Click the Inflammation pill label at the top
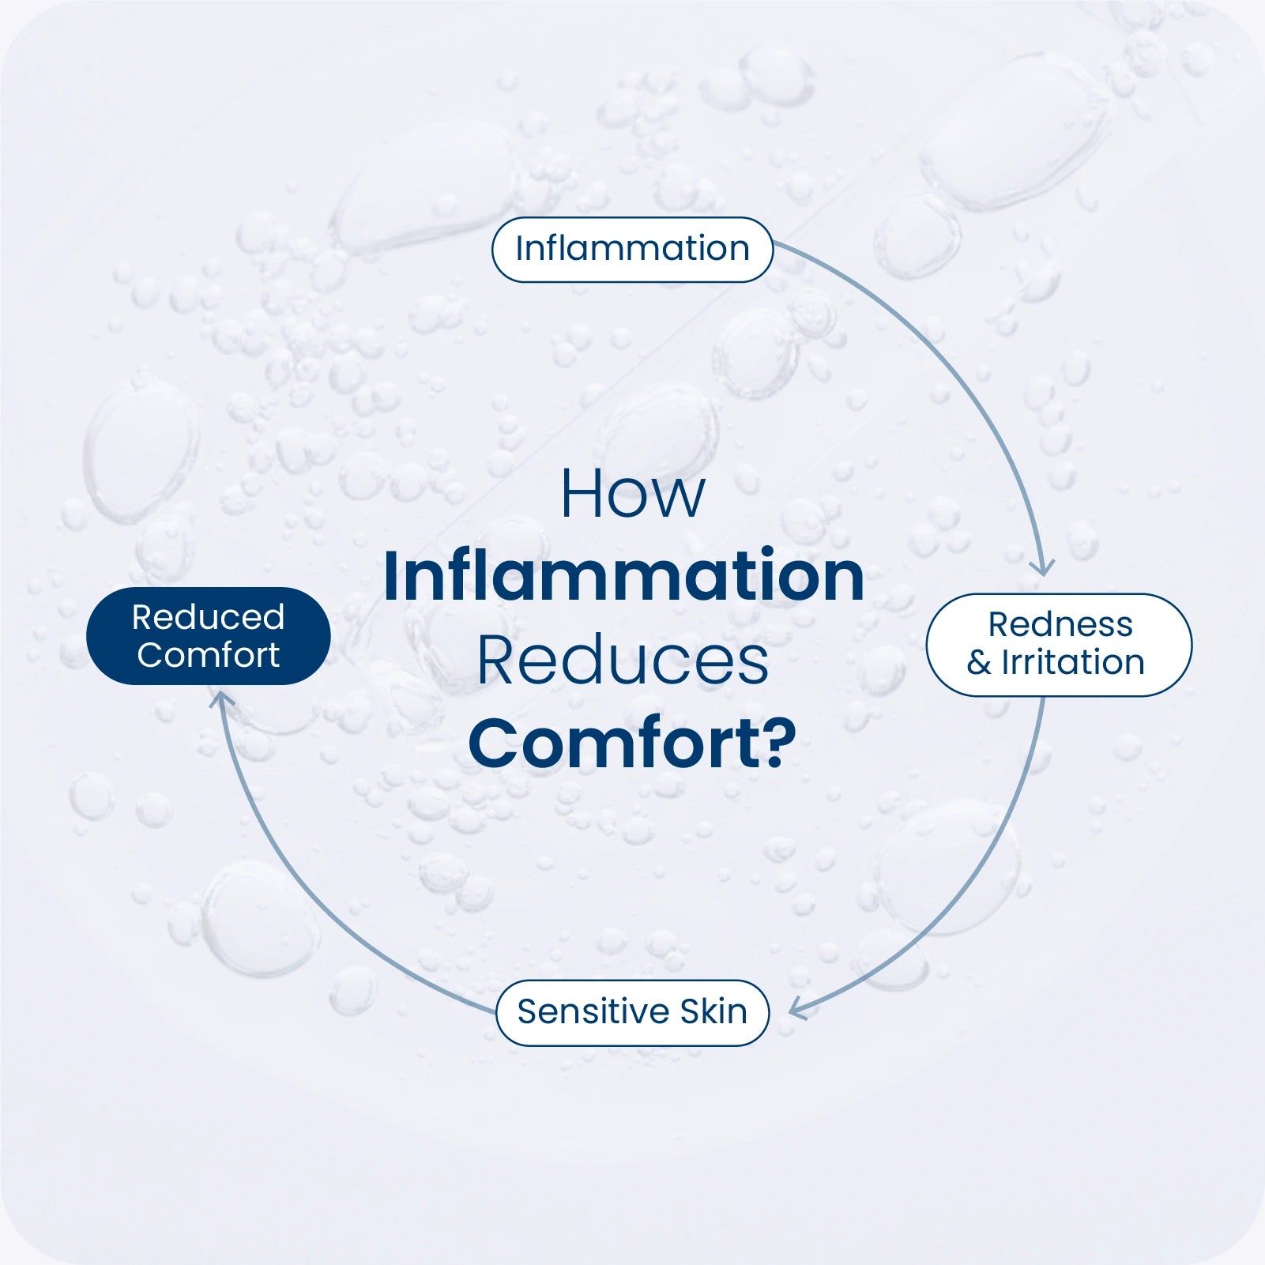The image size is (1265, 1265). tap(632, 250)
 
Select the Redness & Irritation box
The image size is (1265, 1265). tap(1058, 645)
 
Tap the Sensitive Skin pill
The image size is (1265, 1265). tap(632, 1013)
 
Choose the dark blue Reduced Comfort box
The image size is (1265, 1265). tap(208, 636)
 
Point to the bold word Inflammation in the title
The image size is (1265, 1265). tap(623, 577)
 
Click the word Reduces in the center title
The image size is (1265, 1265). tap(623, 661)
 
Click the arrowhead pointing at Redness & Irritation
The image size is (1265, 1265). tap(1043, 568)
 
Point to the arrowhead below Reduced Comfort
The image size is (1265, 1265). tap(222, 698)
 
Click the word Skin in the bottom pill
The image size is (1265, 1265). tap(713, 1012)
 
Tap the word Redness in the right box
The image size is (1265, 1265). tap(1060, 625)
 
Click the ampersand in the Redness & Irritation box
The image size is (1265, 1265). tap(978, 663)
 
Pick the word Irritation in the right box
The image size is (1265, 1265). tap(1073, 663)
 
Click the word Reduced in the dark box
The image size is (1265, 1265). tap(208, 617)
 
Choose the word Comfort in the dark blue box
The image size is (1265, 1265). tap(208, 655)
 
